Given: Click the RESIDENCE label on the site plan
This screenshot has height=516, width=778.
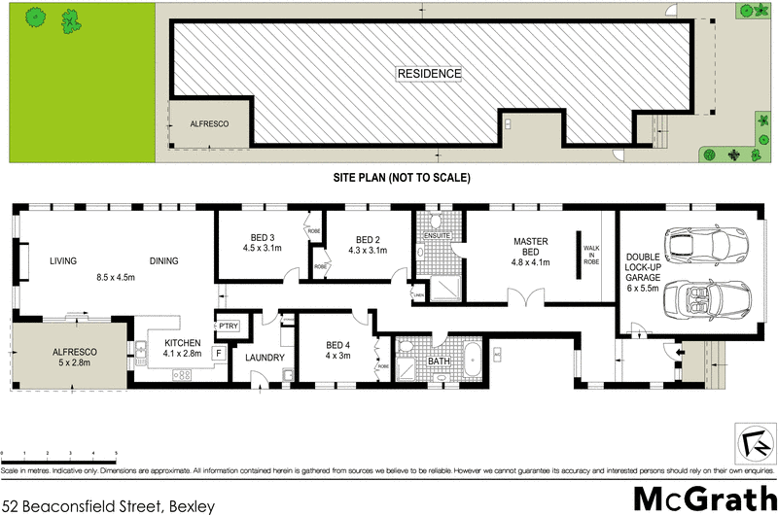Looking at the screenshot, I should (x=429, y=74).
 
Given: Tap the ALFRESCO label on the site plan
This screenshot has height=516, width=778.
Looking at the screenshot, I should (x=207, y=124).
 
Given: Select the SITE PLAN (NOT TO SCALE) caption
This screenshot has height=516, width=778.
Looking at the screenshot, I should (x=402, y=178).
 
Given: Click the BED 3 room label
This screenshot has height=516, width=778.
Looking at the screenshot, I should (x=260, y=239).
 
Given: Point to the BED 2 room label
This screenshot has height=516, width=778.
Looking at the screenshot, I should (x=367, y=240).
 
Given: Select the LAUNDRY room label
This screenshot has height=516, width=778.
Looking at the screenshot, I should (x=265, y=358).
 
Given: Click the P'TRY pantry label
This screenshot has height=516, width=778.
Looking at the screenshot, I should (x=230, y=326).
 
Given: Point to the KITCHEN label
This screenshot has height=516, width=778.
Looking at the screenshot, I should (x=182, y=343).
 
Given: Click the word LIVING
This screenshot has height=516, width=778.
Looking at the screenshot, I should (x=63, y=260).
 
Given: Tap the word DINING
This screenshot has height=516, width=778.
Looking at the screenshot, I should (x=163, y=260).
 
